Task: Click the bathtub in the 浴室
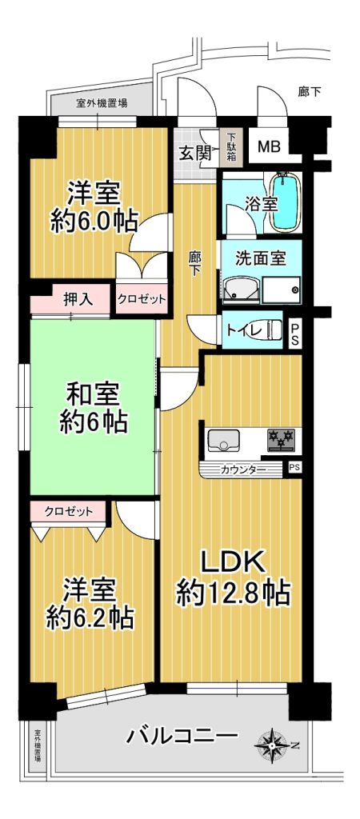[x=285, y=202]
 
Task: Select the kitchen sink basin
[x=224, y=440]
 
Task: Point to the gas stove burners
[x=281, y=440]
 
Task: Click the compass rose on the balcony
[x=273, y=743]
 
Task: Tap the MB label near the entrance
[x=269, y=146]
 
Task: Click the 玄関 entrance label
[x=195, y=153]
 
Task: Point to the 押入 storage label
[x=78, y=299]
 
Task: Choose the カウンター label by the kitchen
[x=243, y=469]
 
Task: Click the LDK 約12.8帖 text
[x=233, y=577]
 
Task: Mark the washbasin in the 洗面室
[x=242, y=290]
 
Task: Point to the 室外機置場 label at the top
[x=102, y=103]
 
